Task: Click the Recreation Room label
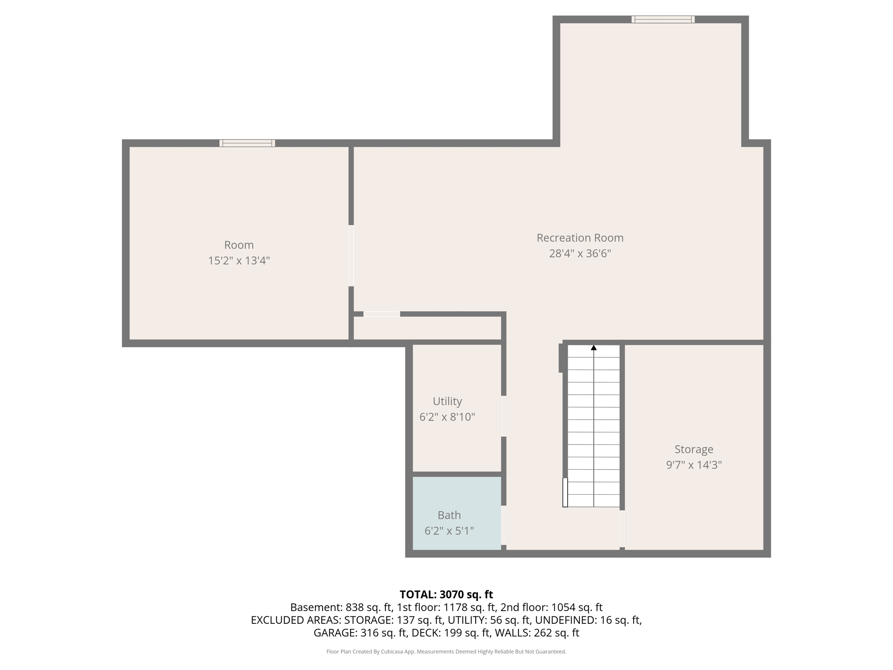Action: [579, 238]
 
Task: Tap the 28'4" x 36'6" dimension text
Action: [579, 253]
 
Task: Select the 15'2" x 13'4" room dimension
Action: [239, 261]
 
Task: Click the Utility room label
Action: [447, 401]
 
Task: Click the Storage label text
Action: [693, 449]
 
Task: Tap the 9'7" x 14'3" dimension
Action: [693, 465]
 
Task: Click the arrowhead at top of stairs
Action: [593, 348]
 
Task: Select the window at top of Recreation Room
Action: [663, 19]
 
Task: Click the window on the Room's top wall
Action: [247, 143]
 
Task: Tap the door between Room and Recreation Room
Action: [351, 256]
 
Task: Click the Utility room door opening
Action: [504, 416]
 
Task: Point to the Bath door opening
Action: [504, 525]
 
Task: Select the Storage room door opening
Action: [622, 529]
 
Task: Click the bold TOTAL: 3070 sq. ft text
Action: [446, 595]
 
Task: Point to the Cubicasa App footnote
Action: [446, 652]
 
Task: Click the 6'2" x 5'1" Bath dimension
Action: [449, 531]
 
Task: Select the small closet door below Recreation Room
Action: [382, 314]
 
